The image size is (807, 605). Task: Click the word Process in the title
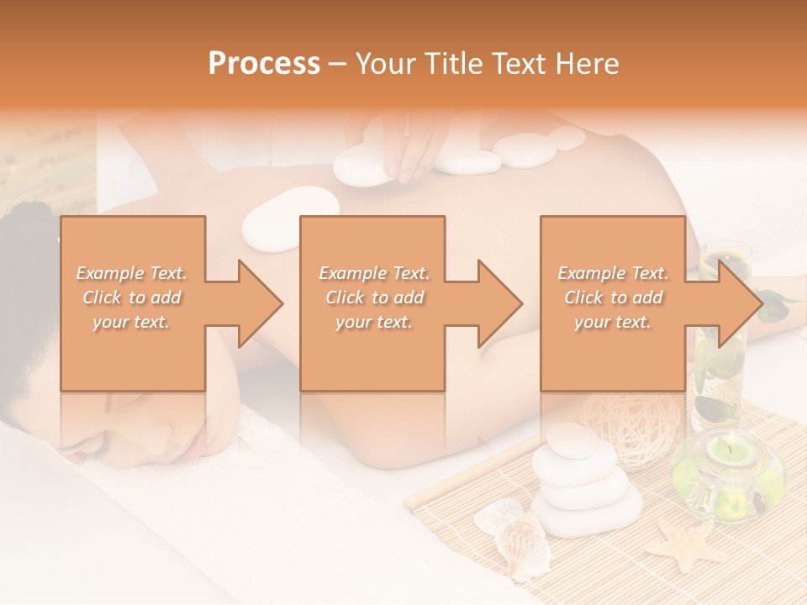[x=264, y=64]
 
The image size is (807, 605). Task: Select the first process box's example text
[x=132, y=297]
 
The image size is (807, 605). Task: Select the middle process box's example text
[x=373, y=297]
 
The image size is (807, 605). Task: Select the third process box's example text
[x=613, y=297]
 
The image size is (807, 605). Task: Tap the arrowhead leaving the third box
[x=739, y=303]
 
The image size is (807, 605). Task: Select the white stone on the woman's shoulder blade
[x=290, y=216]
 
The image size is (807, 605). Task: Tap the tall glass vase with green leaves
[x=721, y=336]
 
